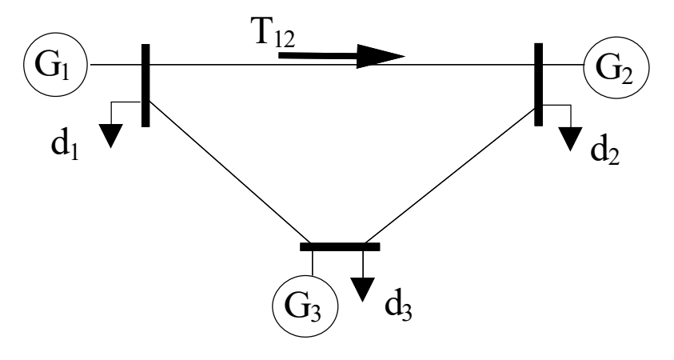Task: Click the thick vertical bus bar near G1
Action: pos(146,85)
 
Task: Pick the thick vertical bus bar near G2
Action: pos(539,84)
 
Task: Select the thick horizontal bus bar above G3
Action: pos(340,247)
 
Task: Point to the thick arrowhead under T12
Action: pos(381,56)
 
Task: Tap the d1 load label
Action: pos(65,146)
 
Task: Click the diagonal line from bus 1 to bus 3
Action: pos(229,172)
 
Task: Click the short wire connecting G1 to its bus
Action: pos(115,65)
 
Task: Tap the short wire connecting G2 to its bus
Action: pos(563,65)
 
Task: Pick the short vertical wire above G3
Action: pos(313,263)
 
